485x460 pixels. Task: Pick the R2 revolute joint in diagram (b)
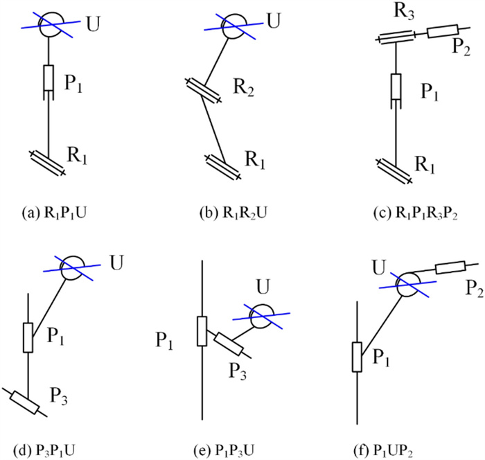tap(204, 91)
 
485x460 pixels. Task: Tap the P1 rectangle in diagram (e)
tap(202, 330)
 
